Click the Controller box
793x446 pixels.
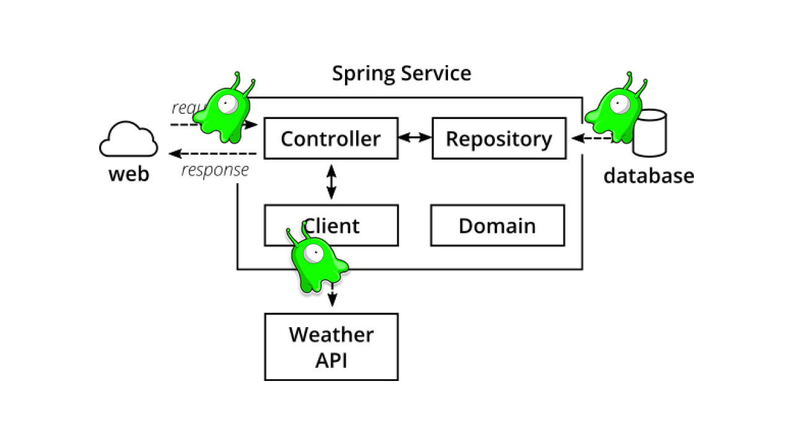coord(331,138)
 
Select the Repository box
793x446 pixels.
coord(499,138)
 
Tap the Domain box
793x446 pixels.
coord(497,225)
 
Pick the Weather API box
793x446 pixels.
coord(331,347)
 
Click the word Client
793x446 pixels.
coord(335,226)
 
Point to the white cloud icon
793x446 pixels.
coord(128,141)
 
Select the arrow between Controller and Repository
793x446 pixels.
coord(414,137)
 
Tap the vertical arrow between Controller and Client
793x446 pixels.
coord(331,181)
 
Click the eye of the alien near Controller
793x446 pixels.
coord(227,105)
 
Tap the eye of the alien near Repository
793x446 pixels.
coord(620,104)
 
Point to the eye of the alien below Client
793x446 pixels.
coord(314,252)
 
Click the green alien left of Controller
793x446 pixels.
coord(223,111)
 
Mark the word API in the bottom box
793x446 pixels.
coord(331,360)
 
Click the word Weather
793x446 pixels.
coord(331,334)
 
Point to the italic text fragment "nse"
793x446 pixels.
coord(236,170)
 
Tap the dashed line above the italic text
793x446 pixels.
coord(240,153)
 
